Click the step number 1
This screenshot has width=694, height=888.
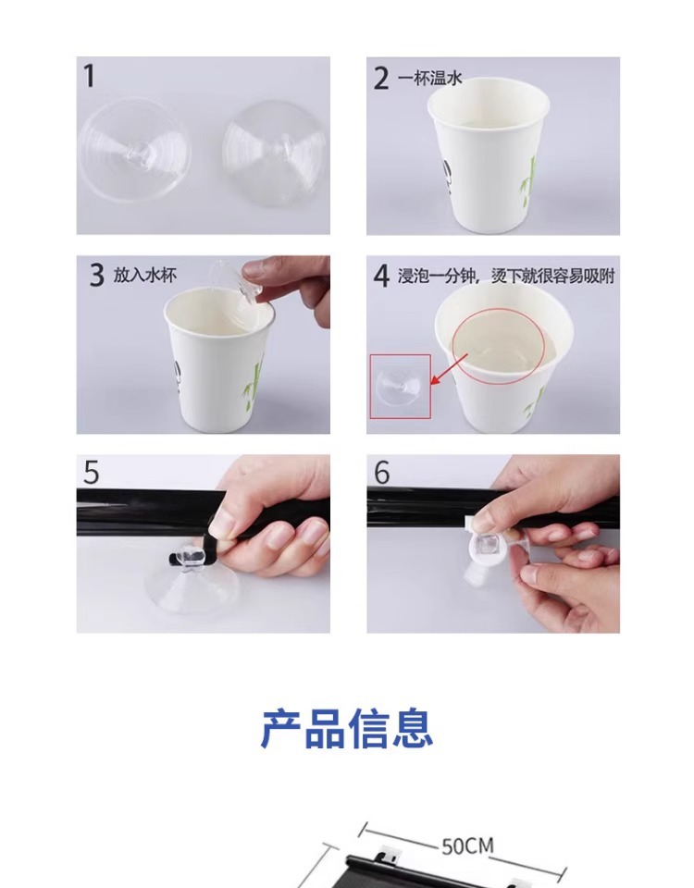tap(89, 76)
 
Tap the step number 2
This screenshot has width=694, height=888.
tap(381, 78)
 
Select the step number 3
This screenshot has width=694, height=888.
tap(97, 276)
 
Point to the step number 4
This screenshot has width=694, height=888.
tap(381, 277)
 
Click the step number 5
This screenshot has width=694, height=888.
tap(92, 473)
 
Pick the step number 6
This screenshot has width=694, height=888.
tap(382, 473)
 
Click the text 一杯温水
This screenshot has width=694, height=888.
tap(430, 78)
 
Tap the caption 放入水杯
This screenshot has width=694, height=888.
tap(145, 276)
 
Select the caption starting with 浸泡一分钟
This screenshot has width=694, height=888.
tap(506, 277)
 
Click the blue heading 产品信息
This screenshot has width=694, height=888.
tap(347, 729)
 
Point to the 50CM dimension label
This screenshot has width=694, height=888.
tap(467, 846)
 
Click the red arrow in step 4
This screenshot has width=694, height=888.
tap(450, 369)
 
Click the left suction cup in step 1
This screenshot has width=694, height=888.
tap(135, 149)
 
